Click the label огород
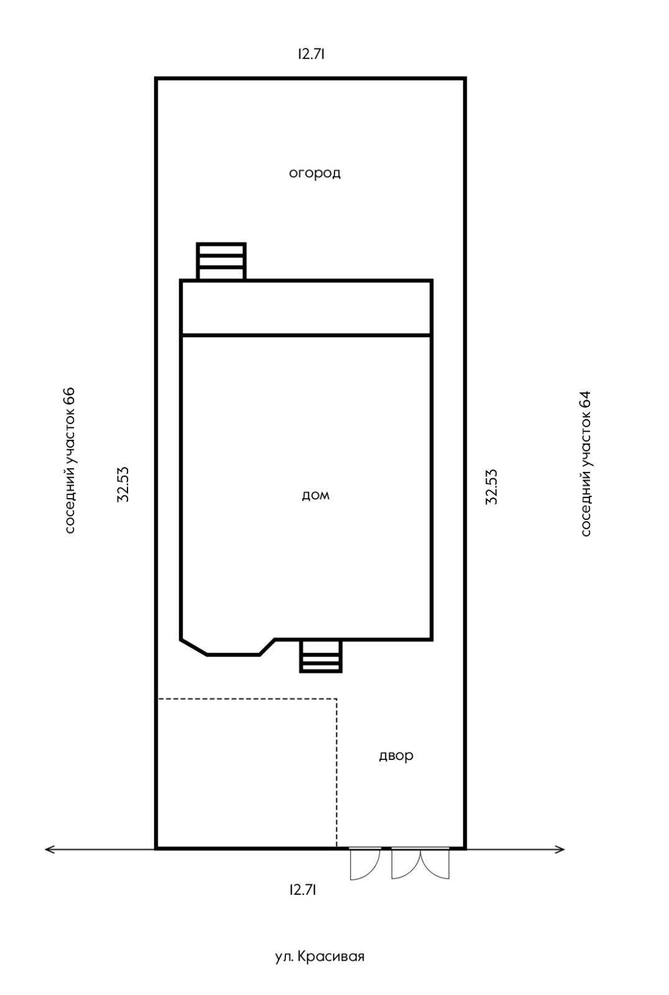pos(315,173)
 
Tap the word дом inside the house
pos(316,495)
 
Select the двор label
pos(396,756)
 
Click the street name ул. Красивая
pos(320,956)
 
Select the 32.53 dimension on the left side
pos(123,484)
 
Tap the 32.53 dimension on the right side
pos(491,487)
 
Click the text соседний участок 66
pos(70,461)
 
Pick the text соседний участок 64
pos(586,463)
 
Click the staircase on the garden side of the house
pos(221,262)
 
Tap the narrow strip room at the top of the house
pos(306,307)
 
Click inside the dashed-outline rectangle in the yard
pos(247,774)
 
